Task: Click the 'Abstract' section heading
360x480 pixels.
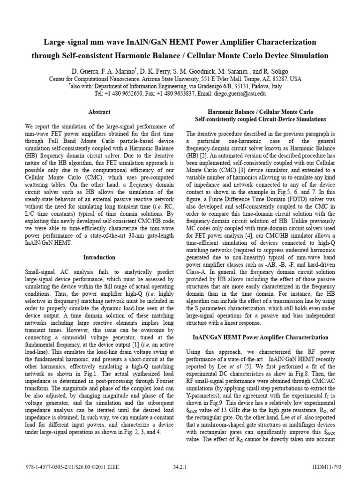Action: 99,112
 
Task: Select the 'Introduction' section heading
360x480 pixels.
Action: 99,257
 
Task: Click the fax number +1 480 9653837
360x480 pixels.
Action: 170,94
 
